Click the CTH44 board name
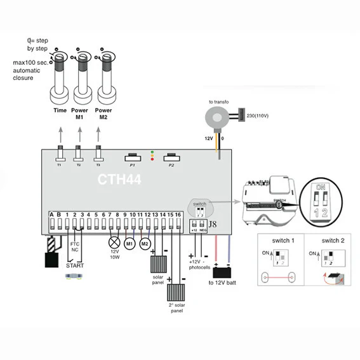119,179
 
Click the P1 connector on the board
133,157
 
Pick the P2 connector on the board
171,157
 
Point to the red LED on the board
152,160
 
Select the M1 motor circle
130,243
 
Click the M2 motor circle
145,243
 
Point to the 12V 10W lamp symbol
115,242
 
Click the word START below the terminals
74,266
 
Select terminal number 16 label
178,215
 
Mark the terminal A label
51,215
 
